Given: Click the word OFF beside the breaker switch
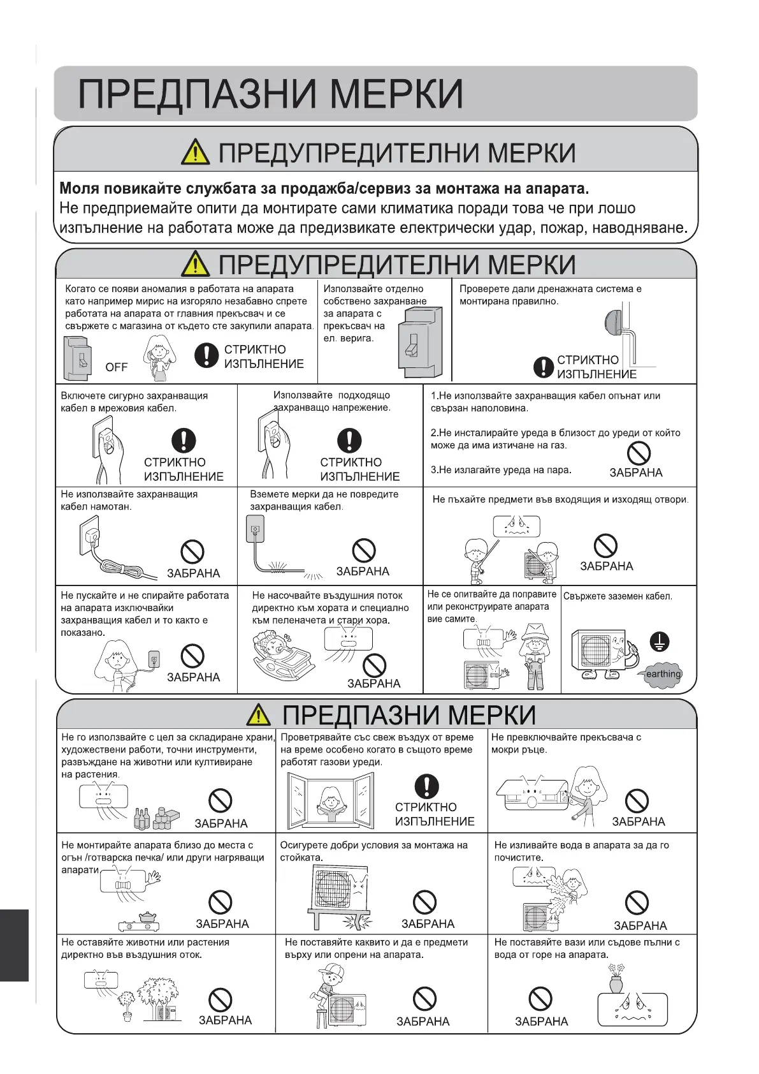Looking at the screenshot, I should point(116,367).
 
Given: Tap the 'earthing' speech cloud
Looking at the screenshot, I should point(663,674).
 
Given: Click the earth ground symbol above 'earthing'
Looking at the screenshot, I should point(659,642).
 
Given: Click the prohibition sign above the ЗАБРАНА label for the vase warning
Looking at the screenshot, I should point(540,998).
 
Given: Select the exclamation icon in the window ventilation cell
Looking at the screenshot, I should point(426,786).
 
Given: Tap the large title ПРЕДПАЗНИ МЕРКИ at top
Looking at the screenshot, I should point(270,94).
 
